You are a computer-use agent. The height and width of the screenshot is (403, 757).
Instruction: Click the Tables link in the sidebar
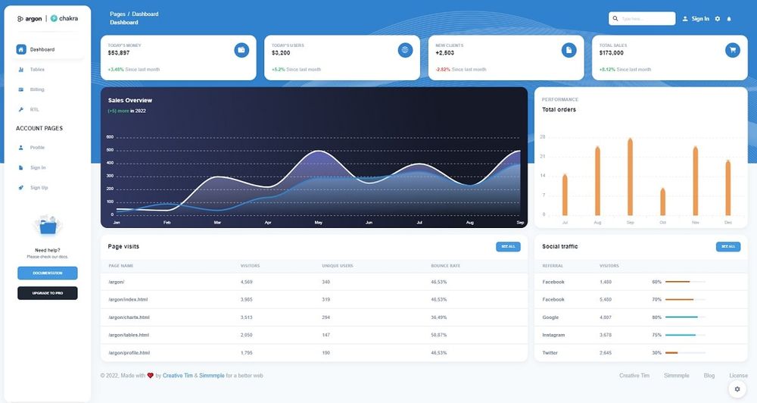coord(37,70)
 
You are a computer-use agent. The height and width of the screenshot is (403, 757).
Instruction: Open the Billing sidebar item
coord(37,89)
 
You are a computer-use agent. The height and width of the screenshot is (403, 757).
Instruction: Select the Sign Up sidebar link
coord(39,188)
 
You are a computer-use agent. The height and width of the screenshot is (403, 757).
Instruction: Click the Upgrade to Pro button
coord(48,292)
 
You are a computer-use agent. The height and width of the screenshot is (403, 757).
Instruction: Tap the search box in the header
coord(642,18)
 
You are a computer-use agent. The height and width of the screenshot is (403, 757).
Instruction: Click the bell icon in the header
coord(729,18)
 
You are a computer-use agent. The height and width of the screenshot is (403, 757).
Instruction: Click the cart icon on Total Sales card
coord(732,50)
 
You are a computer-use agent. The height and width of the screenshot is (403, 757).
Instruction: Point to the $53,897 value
coord(119,53)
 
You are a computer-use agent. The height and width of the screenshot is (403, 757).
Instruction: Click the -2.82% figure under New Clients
coord(443,70)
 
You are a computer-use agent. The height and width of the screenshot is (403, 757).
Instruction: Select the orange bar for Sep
coord(630,177)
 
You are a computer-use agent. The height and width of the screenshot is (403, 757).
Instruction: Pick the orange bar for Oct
coord(662,202)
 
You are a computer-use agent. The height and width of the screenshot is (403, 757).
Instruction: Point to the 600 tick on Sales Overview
coord(110,137)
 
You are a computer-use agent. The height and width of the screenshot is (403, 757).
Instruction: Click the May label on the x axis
coord(318,223)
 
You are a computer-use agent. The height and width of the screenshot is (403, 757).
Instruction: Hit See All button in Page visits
coord(508,247)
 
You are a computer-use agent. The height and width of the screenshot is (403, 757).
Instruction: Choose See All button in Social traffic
coord(727,247)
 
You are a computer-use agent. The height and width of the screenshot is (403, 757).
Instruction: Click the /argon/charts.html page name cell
coord(129,317)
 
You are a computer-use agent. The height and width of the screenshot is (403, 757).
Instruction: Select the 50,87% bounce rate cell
coord(439,335)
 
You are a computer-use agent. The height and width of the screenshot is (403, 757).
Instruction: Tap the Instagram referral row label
coord(554,335)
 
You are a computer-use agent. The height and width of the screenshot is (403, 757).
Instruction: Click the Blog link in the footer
coord(709,376)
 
